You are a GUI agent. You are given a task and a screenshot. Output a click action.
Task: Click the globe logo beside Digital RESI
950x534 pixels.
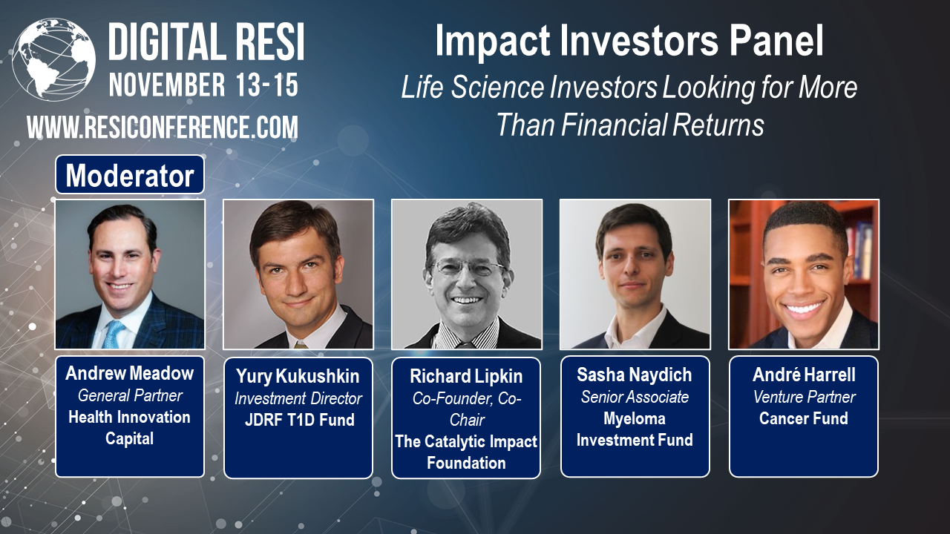pyautogui.click(x=54, y=59)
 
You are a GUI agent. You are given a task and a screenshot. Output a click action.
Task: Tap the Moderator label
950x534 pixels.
pyautogui.click(x=130, y=176)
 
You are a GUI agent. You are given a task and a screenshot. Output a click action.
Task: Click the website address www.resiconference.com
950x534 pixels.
pyautogui.click(x=163, y=128)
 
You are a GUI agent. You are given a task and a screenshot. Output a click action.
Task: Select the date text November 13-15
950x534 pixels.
pyautogui.click(x=204, y=85)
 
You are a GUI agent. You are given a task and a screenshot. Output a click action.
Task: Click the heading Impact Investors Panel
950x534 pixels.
pyautogui.click(x=629, y=42)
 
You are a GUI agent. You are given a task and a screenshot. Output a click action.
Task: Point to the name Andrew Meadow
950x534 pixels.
pyautogui.click(x=130, y=373)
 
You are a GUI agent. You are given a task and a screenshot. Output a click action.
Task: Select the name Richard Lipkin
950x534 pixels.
pyautogui.click(x=466, y=376)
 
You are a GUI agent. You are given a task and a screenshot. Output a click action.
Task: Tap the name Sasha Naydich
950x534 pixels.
pyautogui.click(x=635, y=375)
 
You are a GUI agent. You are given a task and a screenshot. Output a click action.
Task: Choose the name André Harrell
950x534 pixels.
pyautogui.click(x=804, y=375)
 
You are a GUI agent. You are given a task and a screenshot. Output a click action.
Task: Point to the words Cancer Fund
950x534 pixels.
pyautogui.click(x=803, y=418)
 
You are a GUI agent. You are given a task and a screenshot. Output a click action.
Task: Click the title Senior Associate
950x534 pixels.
pyautogui.click(x=635, y=397)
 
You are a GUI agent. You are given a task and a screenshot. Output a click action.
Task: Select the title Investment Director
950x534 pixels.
pyautogui.click(x=298, y=399)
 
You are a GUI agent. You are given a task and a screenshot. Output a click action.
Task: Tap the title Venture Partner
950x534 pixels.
pyautogui.click(x=804, y=397)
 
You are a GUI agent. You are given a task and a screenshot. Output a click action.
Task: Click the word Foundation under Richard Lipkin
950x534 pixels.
pyautogui.click(x=466, y=463)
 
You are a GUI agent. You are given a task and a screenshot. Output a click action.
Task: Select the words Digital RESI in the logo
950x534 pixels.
pyautogui.click(x=206, y=42)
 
